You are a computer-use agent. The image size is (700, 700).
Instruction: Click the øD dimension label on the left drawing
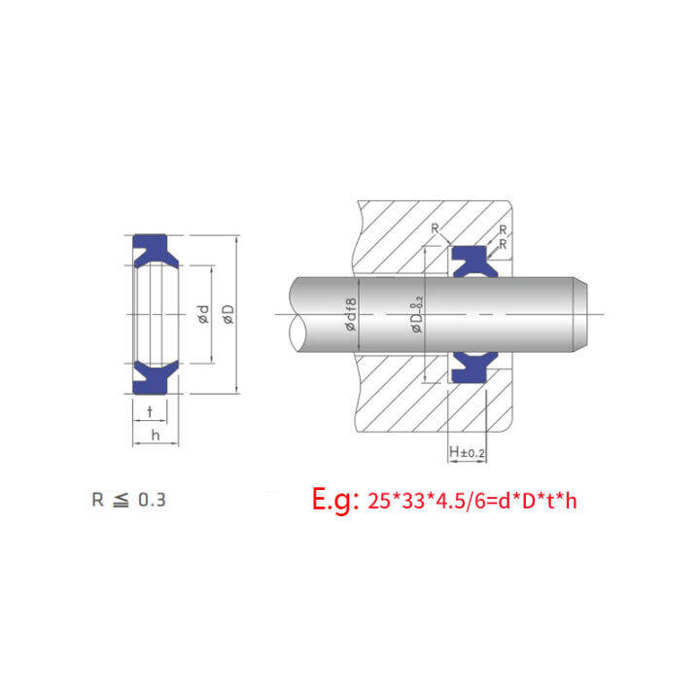[228, 314]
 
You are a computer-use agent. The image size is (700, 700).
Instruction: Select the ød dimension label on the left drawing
[202, 314]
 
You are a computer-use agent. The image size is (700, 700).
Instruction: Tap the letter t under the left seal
[150, 411]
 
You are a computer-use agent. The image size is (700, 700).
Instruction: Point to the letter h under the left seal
[156, 435]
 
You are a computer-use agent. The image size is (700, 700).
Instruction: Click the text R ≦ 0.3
[128, 500]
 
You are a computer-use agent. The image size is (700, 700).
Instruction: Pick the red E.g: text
[335, 500]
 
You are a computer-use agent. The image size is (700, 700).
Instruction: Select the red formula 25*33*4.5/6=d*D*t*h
[472, 501]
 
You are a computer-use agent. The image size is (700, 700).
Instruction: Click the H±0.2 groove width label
[467, 452]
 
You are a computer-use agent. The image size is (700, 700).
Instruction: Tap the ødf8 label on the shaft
[351, 314]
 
